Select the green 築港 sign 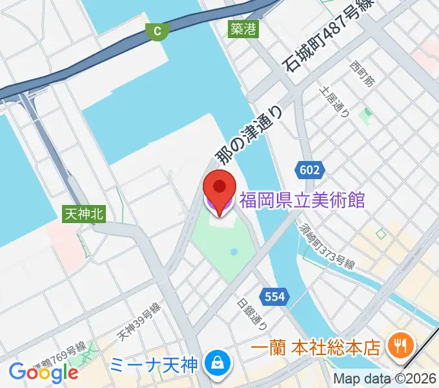tap(243, 28)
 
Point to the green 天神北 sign tap(83, 213)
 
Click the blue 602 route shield tap(309, 169)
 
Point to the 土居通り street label tap(335, 102)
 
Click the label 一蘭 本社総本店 tap(315, 348)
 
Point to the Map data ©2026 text tap(385, 380)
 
